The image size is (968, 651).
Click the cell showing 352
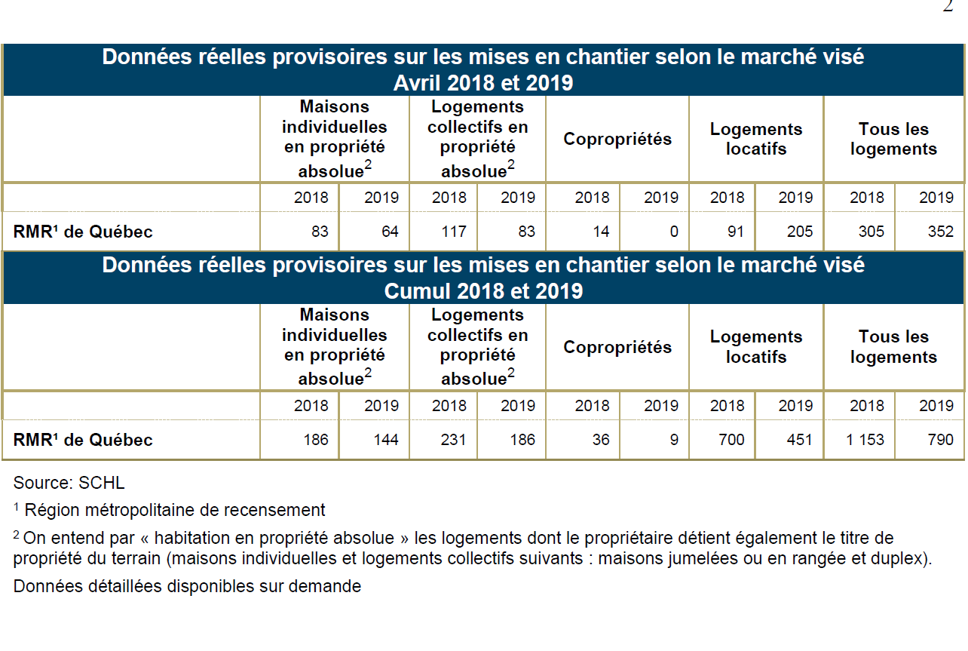(940, 232)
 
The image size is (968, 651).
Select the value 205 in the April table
(799, 232)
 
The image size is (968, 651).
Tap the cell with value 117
(453, 232)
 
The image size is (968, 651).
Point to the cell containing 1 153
(865, 440)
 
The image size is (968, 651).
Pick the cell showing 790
(940, 440)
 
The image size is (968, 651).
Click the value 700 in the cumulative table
(731, 440)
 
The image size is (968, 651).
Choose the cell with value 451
(799, 440)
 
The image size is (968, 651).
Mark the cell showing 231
(453, 440)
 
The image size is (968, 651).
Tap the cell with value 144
(385, 440)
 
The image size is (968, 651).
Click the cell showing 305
(872, 232)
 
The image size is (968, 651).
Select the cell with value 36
(601, 440)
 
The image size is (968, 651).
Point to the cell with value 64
(390, 232)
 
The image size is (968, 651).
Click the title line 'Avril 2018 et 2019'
(483, 83)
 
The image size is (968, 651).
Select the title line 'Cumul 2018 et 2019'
(483, 291)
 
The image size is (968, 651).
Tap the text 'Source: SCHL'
(69, 483)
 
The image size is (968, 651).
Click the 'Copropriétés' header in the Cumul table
(617, 348)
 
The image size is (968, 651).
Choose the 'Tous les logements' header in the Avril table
(893, 139)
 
